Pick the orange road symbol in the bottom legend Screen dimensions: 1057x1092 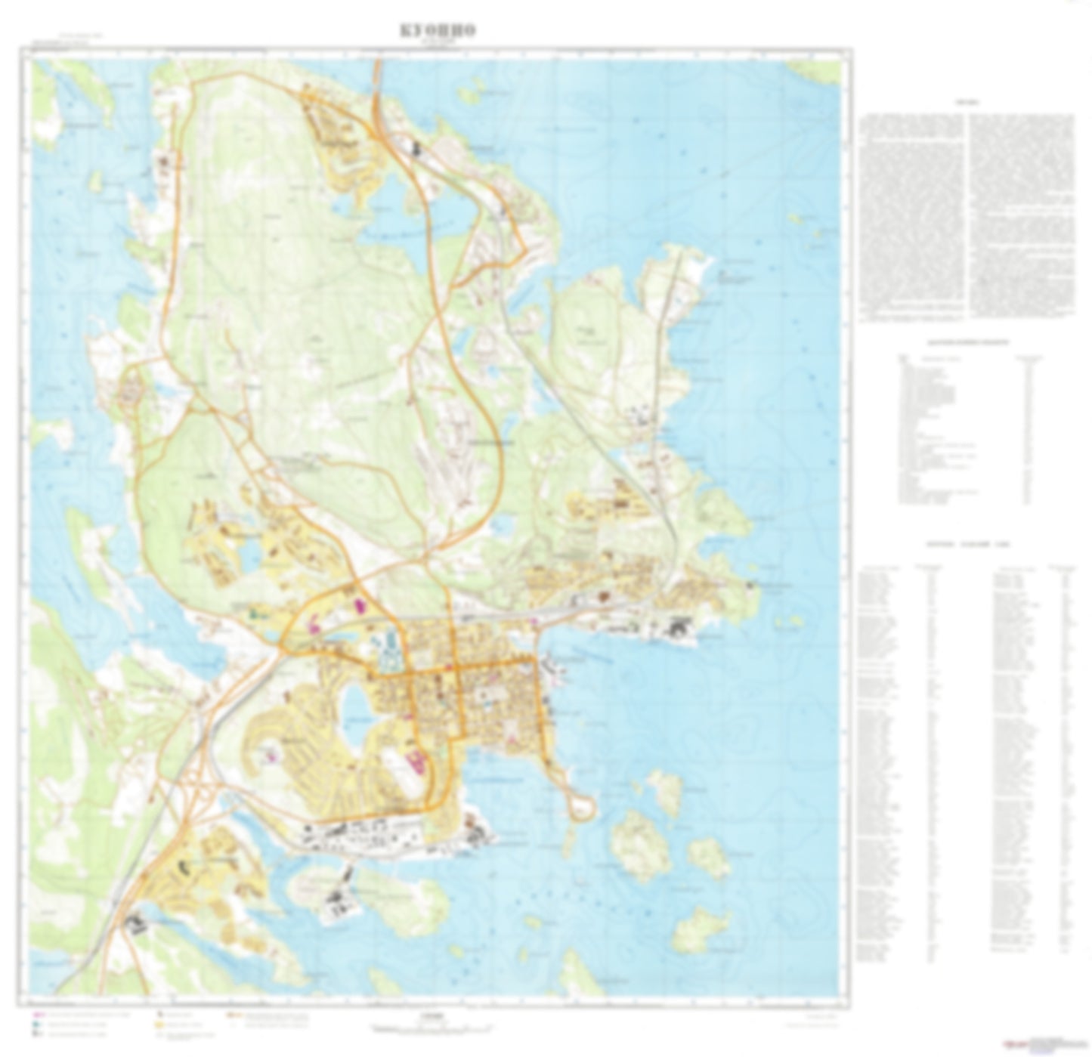click(x=236, y=1015)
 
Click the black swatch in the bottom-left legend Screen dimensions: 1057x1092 click(x=160, y=1015)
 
